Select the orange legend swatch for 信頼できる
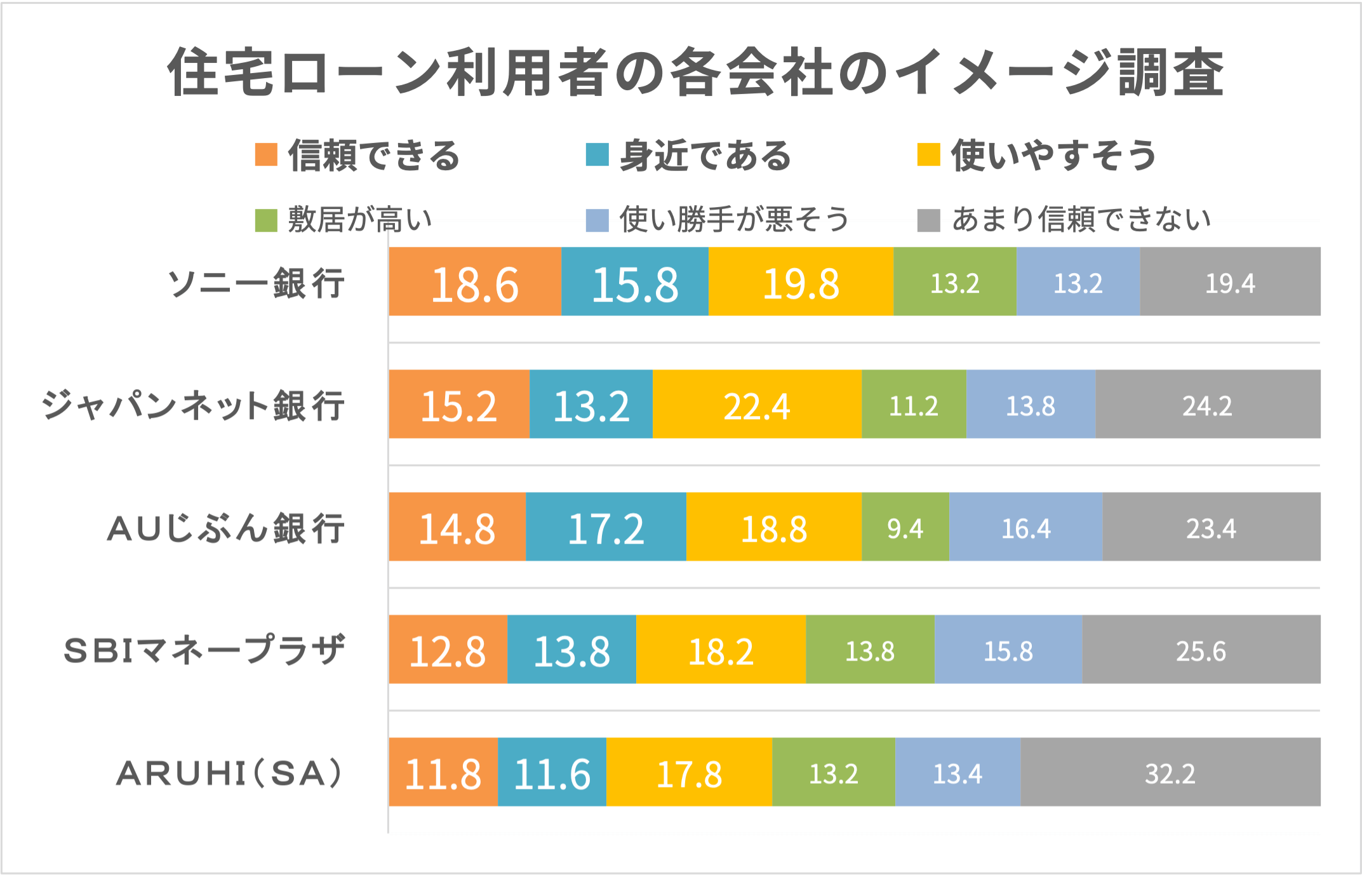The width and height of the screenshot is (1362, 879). tap(266, 154)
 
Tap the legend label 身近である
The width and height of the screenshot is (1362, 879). tap(705, 156)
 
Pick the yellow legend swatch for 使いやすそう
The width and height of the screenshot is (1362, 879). tap(928, 154)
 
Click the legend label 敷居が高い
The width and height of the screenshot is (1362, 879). tap(359, 220)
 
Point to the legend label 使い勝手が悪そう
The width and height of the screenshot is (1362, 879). tap(734, 220)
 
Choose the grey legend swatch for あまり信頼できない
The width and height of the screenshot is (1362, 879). tap(928, 220)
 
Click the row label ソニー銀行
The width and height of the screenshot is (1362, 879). tap(256, 283)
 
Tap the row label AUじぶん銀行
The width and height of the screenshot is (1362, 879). tap(226, 528)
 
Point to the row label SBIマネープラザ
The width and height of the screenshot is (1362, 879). tap(204, 650)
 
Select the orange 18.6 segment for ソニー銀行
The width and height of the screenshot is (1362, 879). tap(475, 281)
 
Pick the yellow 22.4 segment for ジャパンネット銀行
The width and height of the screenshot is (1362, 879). tap(757, 404)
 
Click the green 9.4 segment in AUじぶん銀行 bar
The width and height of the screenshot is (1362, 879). tap(905, 527)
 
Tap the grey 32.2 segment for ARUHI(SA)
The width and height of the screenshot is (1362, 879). tap(1170, 772)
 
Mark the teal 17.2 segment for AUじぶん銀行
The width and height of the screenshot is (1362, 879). tap(606, 527)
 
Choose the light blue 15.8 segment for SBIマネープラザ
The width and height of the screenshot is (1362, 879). tap(1008, 649)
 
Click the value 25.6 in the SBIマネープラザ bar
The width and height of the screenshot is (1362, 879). tap(1201, 650)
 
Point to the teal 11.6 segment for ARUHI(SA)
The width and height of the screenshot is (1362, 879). tap(552, 772)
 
